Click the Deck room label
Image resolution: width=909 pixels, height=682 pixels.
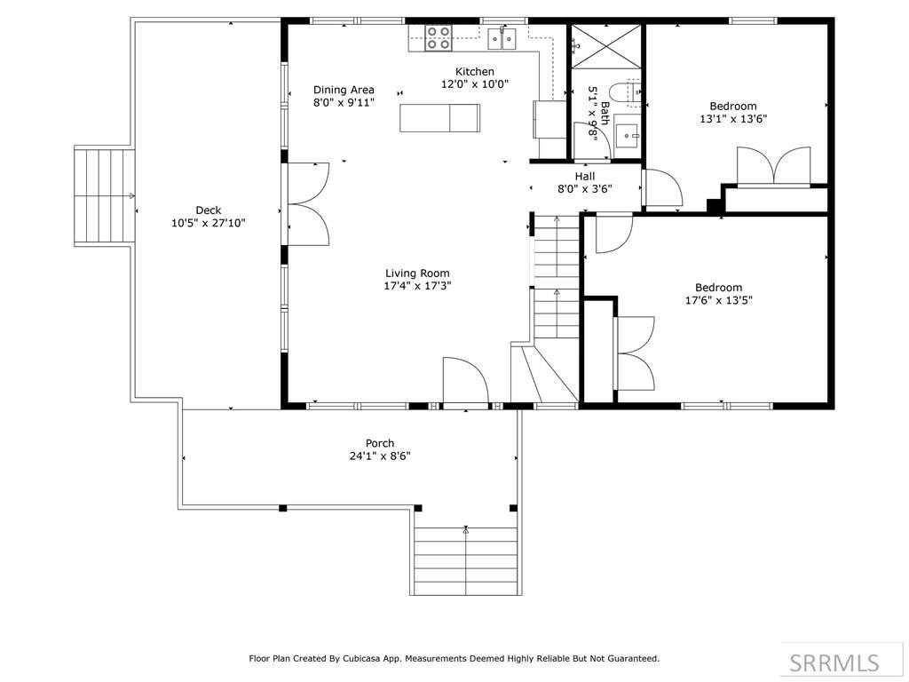tap(208, 210)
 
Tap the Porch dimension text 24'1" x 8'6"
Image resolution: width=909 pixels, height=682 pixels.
tap(380, 456)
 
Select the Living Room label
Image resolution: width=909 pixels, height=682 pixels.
tap(417, 274)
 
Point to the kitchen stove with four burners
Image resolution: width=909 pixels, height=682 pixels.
tap(439, 37)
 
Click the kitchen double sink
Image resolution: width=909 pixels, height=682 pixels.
tap(502, 39)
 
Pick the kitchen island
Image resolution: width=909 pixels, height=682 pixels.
tap(439, 118)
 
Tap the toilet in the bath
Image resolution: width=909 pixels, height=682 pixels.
tap(625, 93)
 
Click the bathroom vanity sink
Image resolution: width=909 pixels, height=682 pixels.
tap(627, 136)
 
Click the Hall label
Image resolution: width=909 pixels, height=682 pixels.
tap(585, 176)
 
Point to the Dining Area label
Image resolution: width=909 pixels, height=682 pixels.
tap(344, 90)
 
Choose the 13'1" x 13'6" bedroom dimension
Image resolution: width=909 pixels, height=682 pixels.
tap(733, 119)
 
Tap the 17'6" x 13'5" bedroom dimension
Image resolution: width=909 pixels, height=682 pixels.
tap(719, 300)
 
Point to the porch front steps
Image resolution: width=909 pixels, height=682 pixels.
tap(466, 561)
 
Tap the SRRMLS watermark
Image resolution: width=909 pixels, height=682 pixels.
tap(834, 662)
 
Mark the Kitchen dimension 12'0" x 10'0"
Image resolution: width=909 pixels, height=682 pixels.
tap(475, 84)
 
